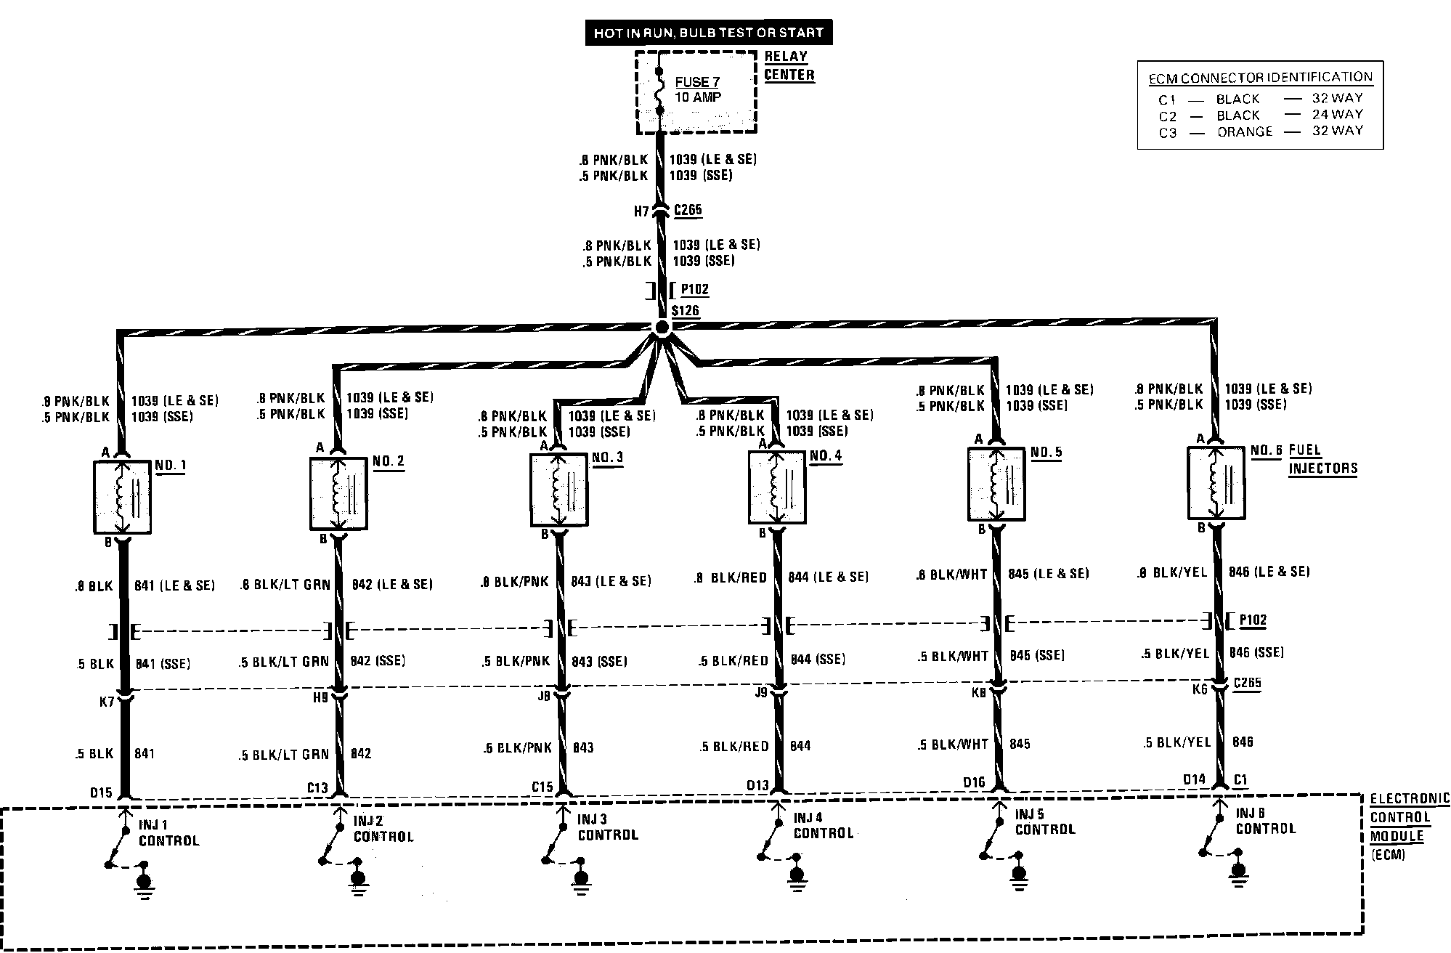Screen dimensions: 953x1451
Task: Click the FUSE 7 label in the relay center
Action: point(696,83)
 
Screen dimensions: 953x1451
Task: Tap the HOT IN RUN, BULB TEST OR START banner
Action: point(709,33)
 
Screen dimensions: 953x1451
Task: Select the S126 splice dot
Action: point(661,328)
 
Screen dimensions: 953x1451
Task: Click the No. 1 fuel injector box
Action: point(122,497)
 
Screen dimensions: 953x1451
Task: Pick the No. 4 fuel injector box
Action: point(777,487)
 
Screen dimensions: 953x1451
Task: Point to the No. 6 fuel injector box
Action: point(1216,483)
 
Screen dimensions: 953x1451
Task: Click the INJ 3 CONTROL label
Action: point(608,827)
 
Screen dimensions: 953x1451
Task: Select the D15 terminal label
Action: point(101,792)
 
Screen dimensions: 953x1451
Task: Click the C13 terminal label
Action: point(317,788)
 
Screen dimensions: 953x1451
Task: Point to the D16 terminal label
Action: point(974,782)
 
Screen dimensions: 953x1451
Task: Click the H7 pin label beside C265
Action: point(641,211)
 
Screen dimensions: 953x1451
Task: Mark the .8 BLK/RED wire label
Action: point(731,577)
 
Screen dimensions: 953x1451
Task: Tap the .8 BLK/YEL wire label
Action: point(1171,572)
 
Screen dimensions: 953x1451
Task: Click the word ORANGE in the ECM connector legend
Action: point(1245,132)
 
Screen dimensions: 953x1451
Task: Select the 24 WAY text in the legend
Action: point(1337,114)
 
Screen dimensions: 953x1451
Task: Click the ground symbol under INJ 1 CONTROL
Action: point(145,883)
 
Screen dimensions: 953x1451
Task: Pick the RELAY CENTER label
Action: point(789,65)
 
